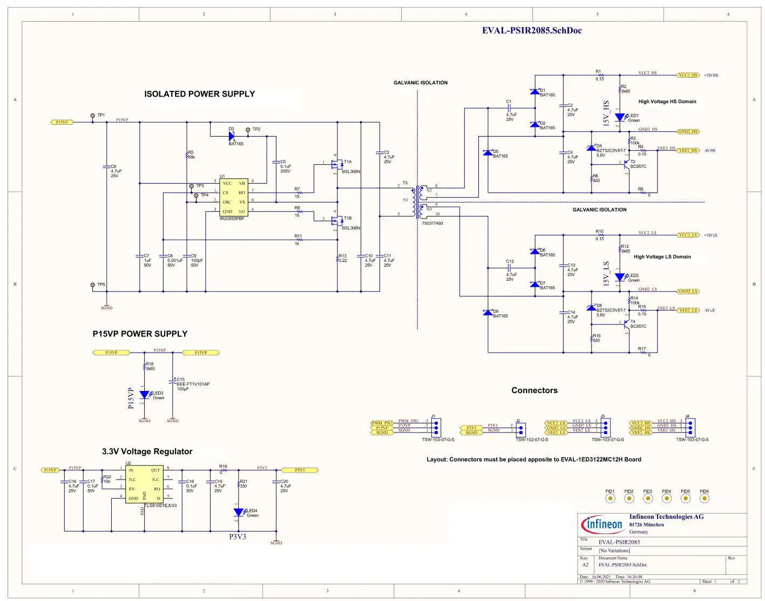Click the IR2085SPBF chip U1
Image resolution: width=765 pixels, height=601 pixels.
pos(234,197)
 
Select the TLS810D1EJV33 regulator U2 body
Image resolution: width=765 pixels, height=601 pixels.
pos(144,484)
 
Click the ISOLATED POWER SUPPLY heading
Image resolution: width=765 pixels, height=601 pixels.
pos(199,94)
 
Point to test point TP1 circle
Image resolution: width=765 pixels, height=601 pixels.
pos(93,116)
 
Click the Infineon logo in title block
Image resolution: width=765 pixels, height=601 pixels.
pos(602,524)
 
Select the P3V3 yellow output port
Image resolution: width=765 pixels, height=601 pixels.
pos(299,470)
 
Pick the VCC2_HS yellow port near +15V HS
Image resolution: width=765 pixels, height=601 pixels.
pos(688,75)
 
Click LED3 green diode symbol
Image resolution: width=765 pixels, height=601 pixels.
pos(144,395)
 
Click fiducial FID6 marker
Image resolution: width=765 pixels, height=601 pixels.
pos(704,498)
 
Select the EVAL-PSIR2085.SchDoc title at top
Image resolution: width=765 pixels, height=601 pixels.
pos(531,31)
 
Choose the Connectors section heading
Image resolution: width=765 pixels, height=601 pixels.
pos(534,390)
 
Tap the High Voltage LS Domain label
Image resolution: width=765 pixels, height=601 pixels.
pos(662,257)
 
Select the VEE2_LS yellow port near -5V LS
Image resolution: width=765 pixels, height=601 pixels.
pos(688,310)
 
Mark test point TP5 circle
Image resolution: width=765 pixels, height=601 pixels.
pos(93,285)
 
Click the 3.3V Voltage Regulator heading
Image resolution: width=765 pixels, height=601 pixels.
pos(147,451)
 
